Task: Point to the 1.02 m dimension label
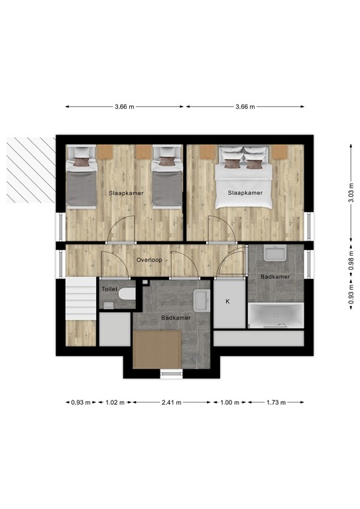point(115,402)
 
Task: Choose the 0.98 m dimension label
point(350,262)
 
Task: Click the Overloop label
point(149,260)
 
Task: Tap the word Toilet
point(109,290)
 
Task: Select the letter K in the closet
point(227,302)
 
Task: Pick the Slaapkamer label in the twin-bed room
point(125,193)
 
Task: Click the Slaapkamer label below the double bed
point(245,193)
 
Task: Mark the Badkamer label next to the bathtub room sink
point(274,276)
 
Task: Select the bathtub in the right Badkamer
point(276,315)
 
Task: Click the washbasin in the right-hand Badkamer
point(274,254)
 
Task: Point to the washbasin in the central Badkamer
point(202,300)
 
